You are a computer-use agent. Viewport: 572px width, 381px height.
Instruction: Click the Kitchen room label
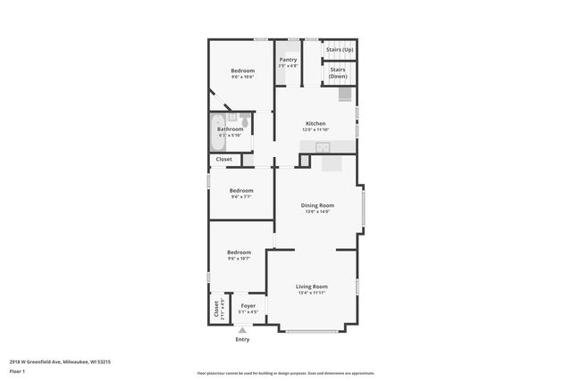[x=315, y=123]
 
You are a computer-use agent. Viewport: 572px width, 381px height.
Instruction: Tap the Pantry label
[x=288, y=60]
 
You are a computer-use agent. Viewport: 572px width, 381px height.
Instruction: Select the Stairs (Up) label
[x=340, y=50]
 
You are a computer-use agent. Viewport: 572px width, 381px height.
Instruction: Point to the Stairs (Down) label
[x=338, y=72]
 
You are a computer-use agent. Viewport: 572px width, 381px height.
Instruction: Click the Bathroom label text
[x=230, y=128]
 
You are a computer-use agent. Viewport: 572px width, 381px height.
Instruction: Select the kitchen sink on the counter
[x=322, y=147]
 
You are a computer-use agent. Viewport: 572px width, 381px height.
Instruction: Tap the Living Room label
[x=312, y=286]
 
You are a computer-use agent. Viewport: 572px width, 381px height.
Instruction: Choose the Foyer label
[x=248, y=306]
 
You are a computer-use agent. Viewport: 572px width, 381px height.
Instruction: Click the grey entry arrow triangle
[x=242, y=330]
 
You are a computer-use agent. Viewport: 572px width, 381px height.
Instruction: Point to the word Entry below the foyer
[x=242, y=339]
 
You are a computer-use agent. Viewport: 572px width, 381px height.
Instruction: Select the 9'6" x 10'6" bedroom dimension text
[x=241, y=78]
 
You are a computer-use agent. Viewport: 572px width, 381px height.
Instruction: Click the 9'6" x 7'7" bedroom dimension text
[x=240, y=197]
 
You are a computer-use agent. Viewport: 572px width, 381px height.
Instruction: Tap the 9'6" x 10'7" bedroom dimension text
[x=239, y=259]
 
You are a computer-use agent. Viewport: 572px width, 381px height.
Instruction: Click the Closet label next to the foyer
[x=215, y=308]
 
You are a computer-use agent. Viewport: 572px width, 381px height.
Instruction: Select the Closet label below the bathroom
[x=223, y=159]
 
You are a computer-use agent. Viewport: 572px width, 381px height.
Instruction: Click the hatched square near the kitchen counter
[x=304, y=161]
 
